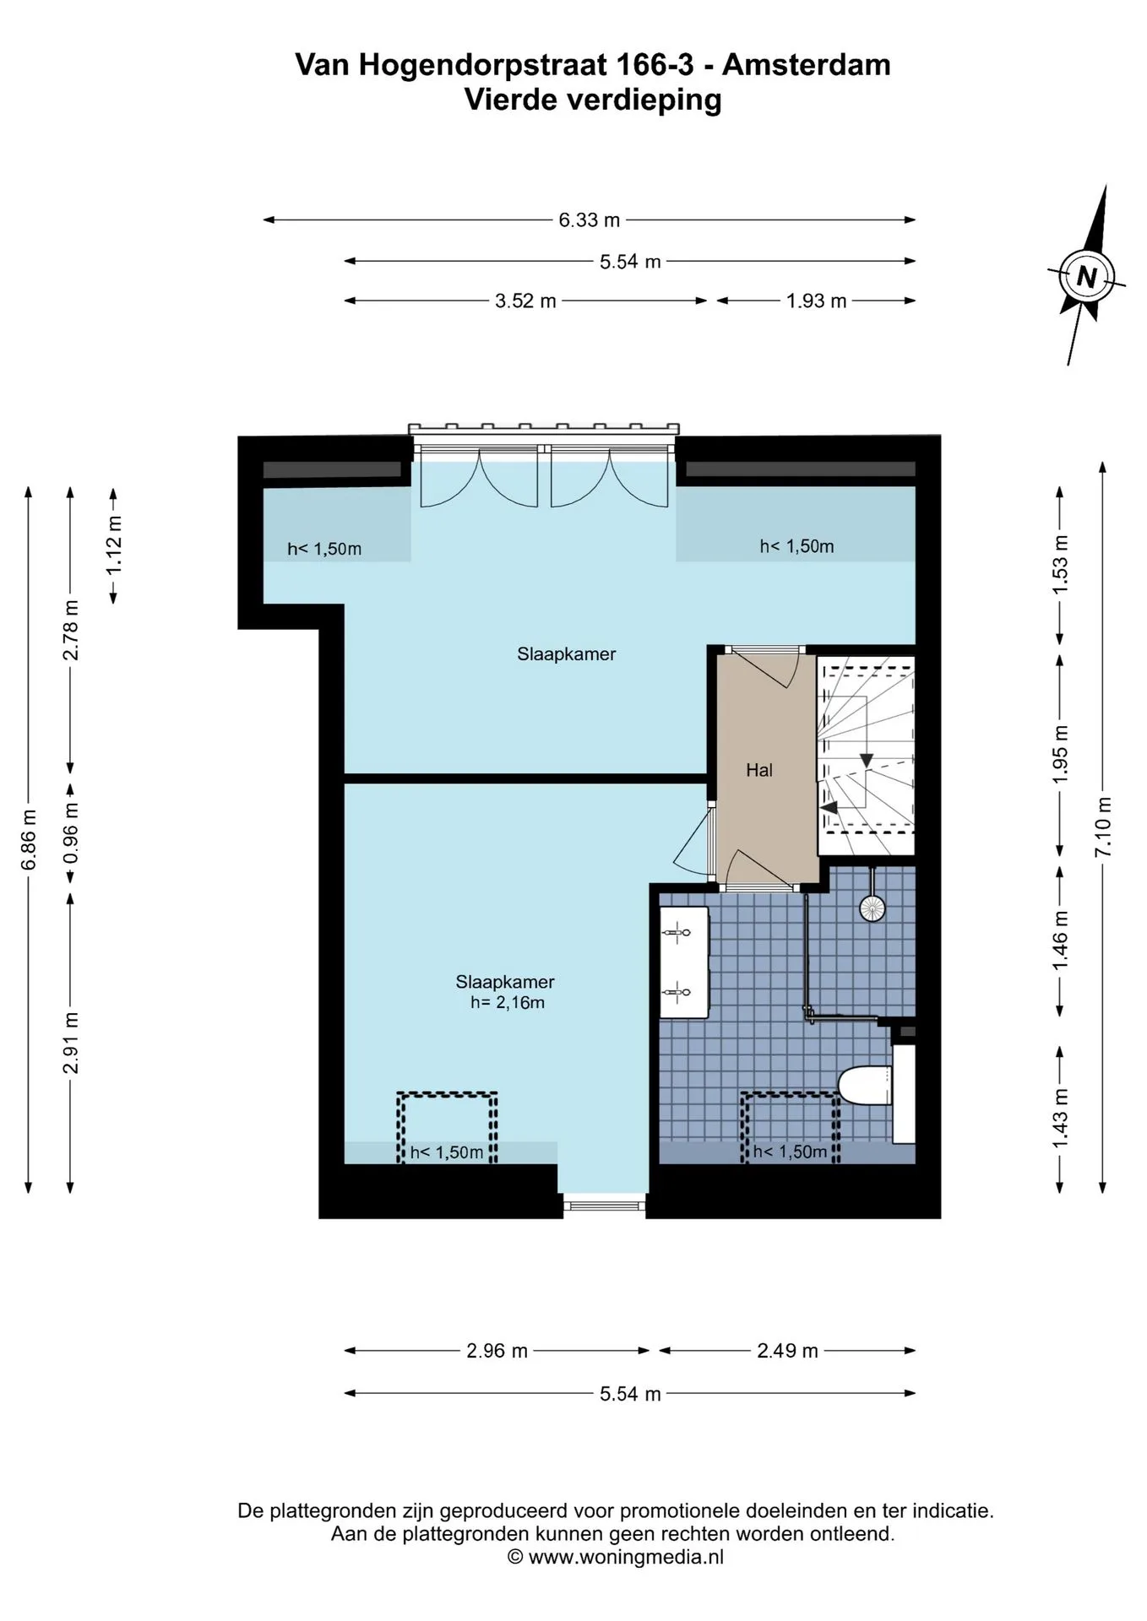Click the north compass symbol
tap(1087, 276)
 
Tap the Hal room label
tap(759, 770)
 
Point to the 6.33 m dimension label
tap(589, 220)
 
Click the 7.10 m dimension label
tap(1103, 827)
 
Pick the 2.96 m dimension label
tap(497, 1351)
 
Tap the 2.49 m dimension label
tap(787, 1351)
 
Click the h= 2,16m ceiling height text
tap(507, 1003)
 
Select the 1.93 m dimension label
tap(816, 301)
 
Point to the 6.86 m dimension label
tap(29, 839)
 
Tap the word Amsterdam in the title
tap(807, 64)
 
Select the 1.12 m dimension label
tap(114, 545)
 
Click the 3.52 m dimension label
tap(525, 301)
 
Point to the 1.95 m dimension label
tap(1061, 754)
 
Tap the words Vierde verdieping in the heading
tap(593, 100)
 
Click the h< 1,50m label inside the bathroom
tap(790, 1152)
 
